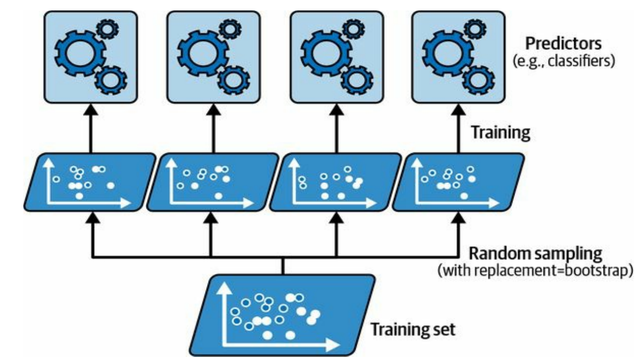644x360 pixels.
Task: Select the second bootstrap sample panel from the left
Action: point(211,181)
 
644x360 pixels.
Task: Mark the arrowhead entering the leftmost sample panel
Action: point(92,217)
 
